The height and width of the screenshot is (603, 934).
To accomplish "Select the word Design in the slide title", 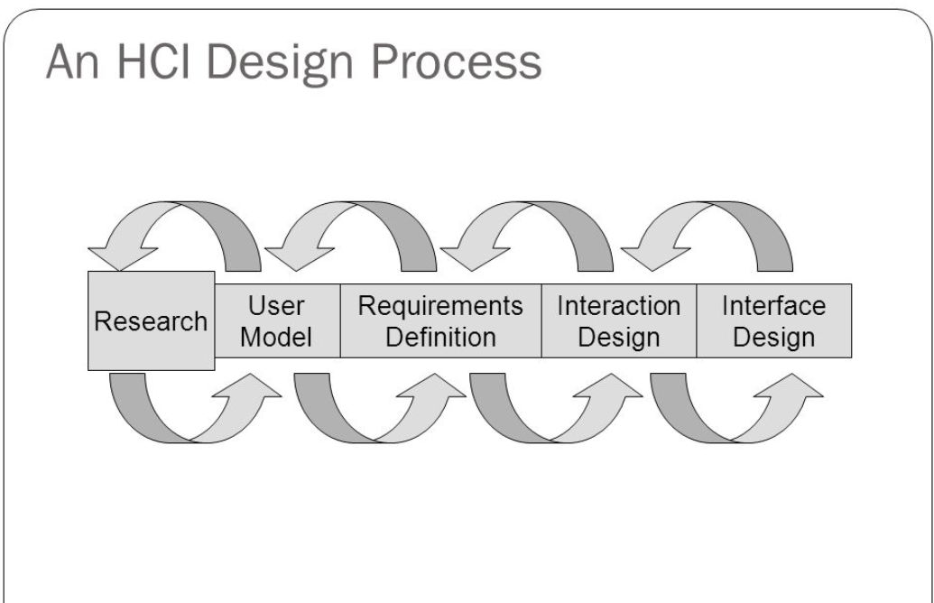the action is tap(280, 64).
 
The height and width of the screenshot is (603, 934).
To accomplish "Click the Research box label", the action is tap(151, 321).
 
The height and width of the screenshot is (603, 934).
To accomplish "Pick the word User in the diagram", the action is tap(276, 306).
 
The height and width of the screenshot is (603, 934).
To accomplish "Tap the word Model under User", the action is tap(276, 338).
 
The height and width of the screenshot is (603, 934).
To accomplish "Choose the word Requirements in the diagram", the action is tap(440, 306).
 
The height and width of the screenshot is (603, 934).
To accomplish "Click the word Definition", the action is tap(440, 338).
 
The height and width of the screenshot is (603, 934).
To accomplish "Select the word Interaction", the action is tap(619, 306).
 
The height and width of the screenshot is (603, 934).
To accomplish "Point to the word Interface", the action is tap(773, 306).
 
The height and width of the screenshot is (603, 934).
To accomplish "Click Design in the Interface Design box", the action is tap(773, 339).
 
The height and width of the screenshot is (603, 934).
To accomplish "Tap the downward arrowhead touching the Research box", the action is tap(122, 256).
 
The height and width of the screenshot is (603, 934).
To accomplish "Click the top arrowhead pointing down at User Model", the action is tap(299, 256).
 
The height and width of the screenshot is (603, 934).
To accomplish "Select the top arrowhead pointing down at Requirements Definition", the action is tap(474, 256).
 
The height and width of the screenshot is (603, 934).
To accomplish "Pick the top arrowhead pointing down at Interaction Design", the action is tap(654, 256).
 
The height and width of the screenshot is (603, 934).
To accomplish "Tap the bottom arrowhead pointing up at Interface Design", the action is tap(790, 386).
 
